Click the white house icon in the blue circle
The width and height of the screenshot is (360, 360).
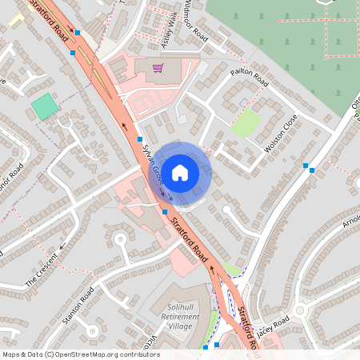click(180, 171)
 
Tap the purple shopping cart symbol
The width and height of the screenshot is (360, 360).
click(158, 68)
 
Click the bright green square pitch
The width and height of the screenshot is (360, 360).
click(45, 106)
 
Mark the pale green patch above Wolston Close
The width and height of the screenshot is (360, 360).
click(246, 122)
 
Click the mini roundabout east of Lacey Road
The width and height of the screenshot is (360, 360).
click(301, 310)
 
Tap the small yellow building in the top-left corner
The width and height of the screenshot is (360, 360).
click(16, 19)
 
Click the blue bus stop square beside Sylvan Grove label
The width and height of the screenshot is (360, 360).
click(139, 139)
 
